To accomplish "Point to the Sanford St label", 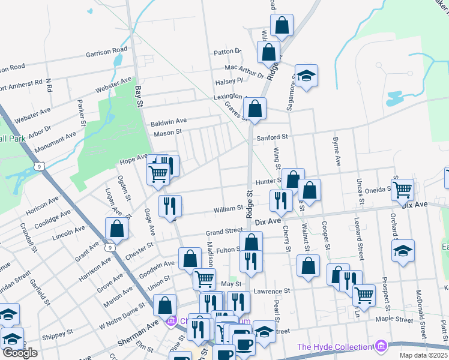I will [273, 137].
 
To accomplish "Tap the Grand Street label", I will [224, 231].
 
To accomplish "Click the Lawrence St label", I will [271, 291].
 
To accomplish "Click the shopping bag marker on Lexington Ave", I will [255, 109].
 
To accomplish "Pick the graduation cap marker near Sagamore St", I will [306, 76].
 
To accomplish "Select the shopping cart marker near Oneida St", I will [402, 190].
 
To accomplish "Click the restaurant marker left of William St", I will [169, 206].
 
